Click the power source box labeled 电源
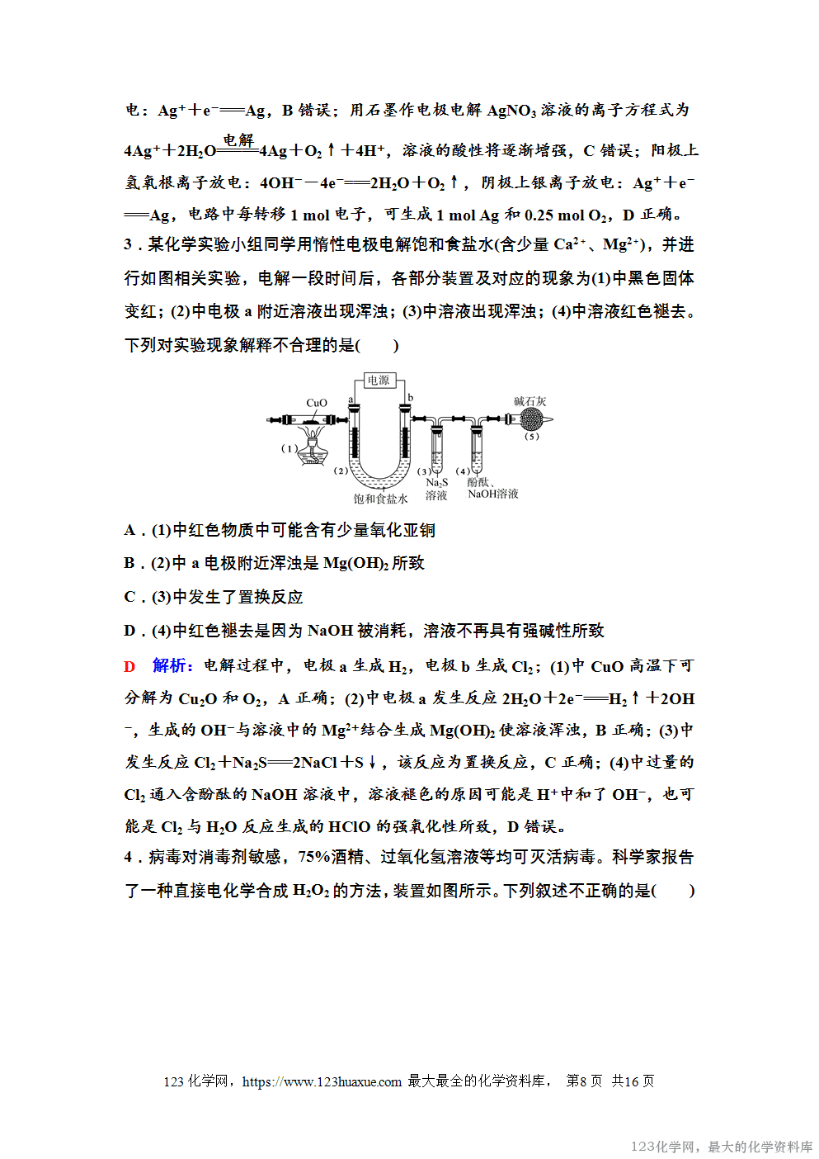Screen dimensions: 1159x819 coord(379,381)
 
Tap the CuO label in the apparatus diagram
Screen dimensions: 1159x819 coord(317,403)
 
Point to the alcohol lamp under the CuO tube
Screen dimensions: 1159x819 coord(312,450)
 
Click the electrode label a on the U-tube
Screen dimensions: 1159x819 coord(351,400)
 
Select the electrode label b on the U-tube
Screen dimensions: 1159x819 coord(410,398)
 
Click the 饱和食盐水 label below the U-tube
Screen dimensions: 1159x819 coord(380,499)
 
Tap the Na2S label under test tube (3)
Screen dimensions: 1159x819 coord(436,482)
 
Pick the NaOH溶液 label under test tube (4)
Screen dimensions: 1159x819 coord(493,494)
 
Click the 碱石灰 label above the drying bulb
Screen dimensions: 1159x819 coord(530,401)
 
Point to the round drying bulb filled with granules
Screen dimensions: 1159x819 coord(530,419)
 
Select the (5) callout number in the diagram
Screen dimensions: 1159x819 coord(531,437)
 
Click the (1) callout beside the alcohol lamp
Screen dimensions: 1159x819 coord(289,448)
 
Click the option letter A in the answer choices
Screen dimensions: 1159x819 coord(130,530)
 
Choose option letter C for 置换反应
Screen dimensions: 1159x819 coord(130,597)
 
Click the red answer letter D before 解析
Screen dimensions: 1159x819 coord(129,666)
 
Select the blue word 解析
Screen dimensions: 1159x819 coord(172,665)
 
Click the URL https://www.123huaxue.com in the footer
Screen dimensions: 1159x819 coord(322,1081)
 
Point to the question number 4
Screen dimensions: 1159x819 coord(129,858)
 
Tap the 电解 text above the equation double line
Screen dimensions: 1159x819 coord(238,140)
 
